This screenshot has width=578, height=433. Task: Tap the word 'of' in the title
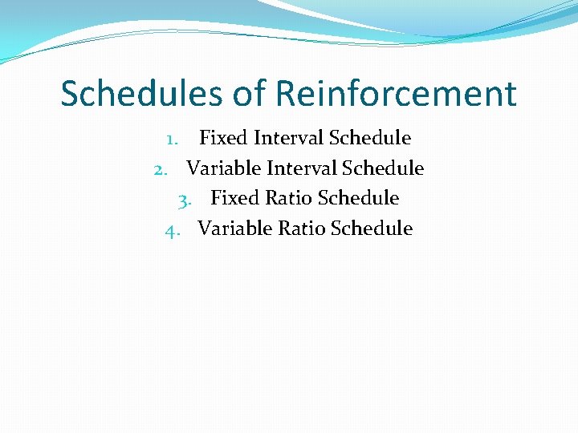(250, 94)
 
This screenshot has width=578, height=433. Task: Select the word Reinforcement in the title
(397, 94)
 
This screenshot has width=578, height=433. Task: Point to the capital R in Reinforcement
(286, 94)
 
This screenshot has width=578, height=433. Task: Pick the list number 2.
(160, 169)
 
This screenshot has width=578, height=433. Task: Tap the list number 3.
(184, 199)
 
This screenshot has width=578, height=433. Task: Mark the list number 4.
(171, 229)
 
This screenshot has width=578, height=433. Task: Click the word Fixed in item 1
(223, 138)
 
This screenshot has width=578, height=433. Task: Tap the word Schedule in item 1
(371, 138)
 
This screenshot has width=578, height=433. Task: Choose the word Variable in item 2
(223, 168)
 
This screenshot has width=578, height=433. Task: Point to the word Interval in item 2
(302, 168)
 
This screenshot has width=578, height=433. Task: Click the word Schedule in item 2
(383, 168)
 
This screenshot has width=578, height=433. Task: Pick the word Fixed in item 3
(234, 198)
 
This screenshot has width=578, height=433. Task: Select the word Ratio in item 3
(289, 198)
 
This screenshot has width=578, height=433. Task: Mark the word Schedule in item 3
(358, 198)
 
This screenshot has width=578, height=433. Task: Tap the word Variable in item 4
(234, 229)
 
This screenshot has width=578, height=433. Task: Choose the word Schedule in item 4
(372, 229)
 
